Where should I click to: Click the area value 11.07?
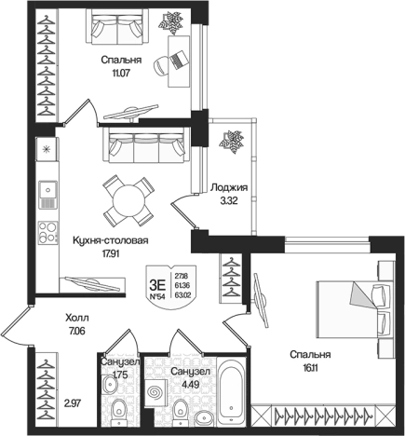pos(121,74)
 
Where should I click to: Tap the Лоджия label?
pos(229,188)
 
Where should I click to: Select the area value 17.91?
pos(111,253)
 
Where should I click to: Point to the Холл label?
pos(77,318)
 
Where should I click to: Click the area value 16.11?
pos(310,368)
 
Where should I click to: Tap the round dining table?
pos(129,201)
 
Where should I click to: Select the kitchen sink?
pos(47,195)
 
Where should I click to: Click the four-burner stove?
pos(47,233)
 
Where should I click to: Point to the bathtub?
pos(232,394)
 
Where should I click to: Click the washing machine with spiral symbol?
pos(155,392)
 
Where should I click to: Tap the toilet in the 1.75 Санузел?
pos(118,412)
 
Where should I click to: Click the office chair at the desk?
pos(162,65)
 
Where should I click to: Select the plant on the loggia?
pos(231,143)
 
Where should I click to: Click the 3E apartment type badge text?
pos(157,284)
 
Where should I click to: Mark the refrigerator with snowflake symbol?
pos(47,149)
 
